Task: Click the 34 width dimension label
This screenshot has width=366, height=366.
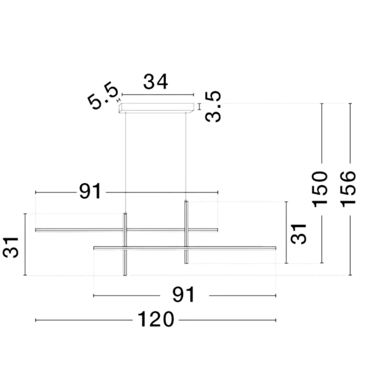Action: click(156, 82)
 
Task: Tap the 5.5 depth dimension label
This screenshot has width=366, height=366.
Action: click(103, 96)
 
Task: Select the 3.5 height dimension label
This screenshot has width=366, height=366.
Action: click(213, 107)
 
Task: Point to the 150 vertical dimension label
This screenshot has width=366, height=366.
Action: click(320, 189)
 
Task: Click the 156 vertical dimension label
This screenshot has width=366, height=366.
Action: click(348, 189)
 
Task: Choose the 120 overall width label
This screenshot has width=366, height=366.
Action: click(156, 319)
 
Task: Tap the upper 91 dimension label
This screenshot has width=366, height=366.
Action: click(90, 191)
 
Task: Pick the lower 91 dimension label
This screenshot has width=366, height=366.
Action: click(183, 295)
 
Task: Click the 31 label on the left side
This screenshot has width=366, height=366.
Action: click(11, 247)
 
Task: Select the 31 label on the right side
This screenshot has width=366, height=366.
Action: click(298, 234)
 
